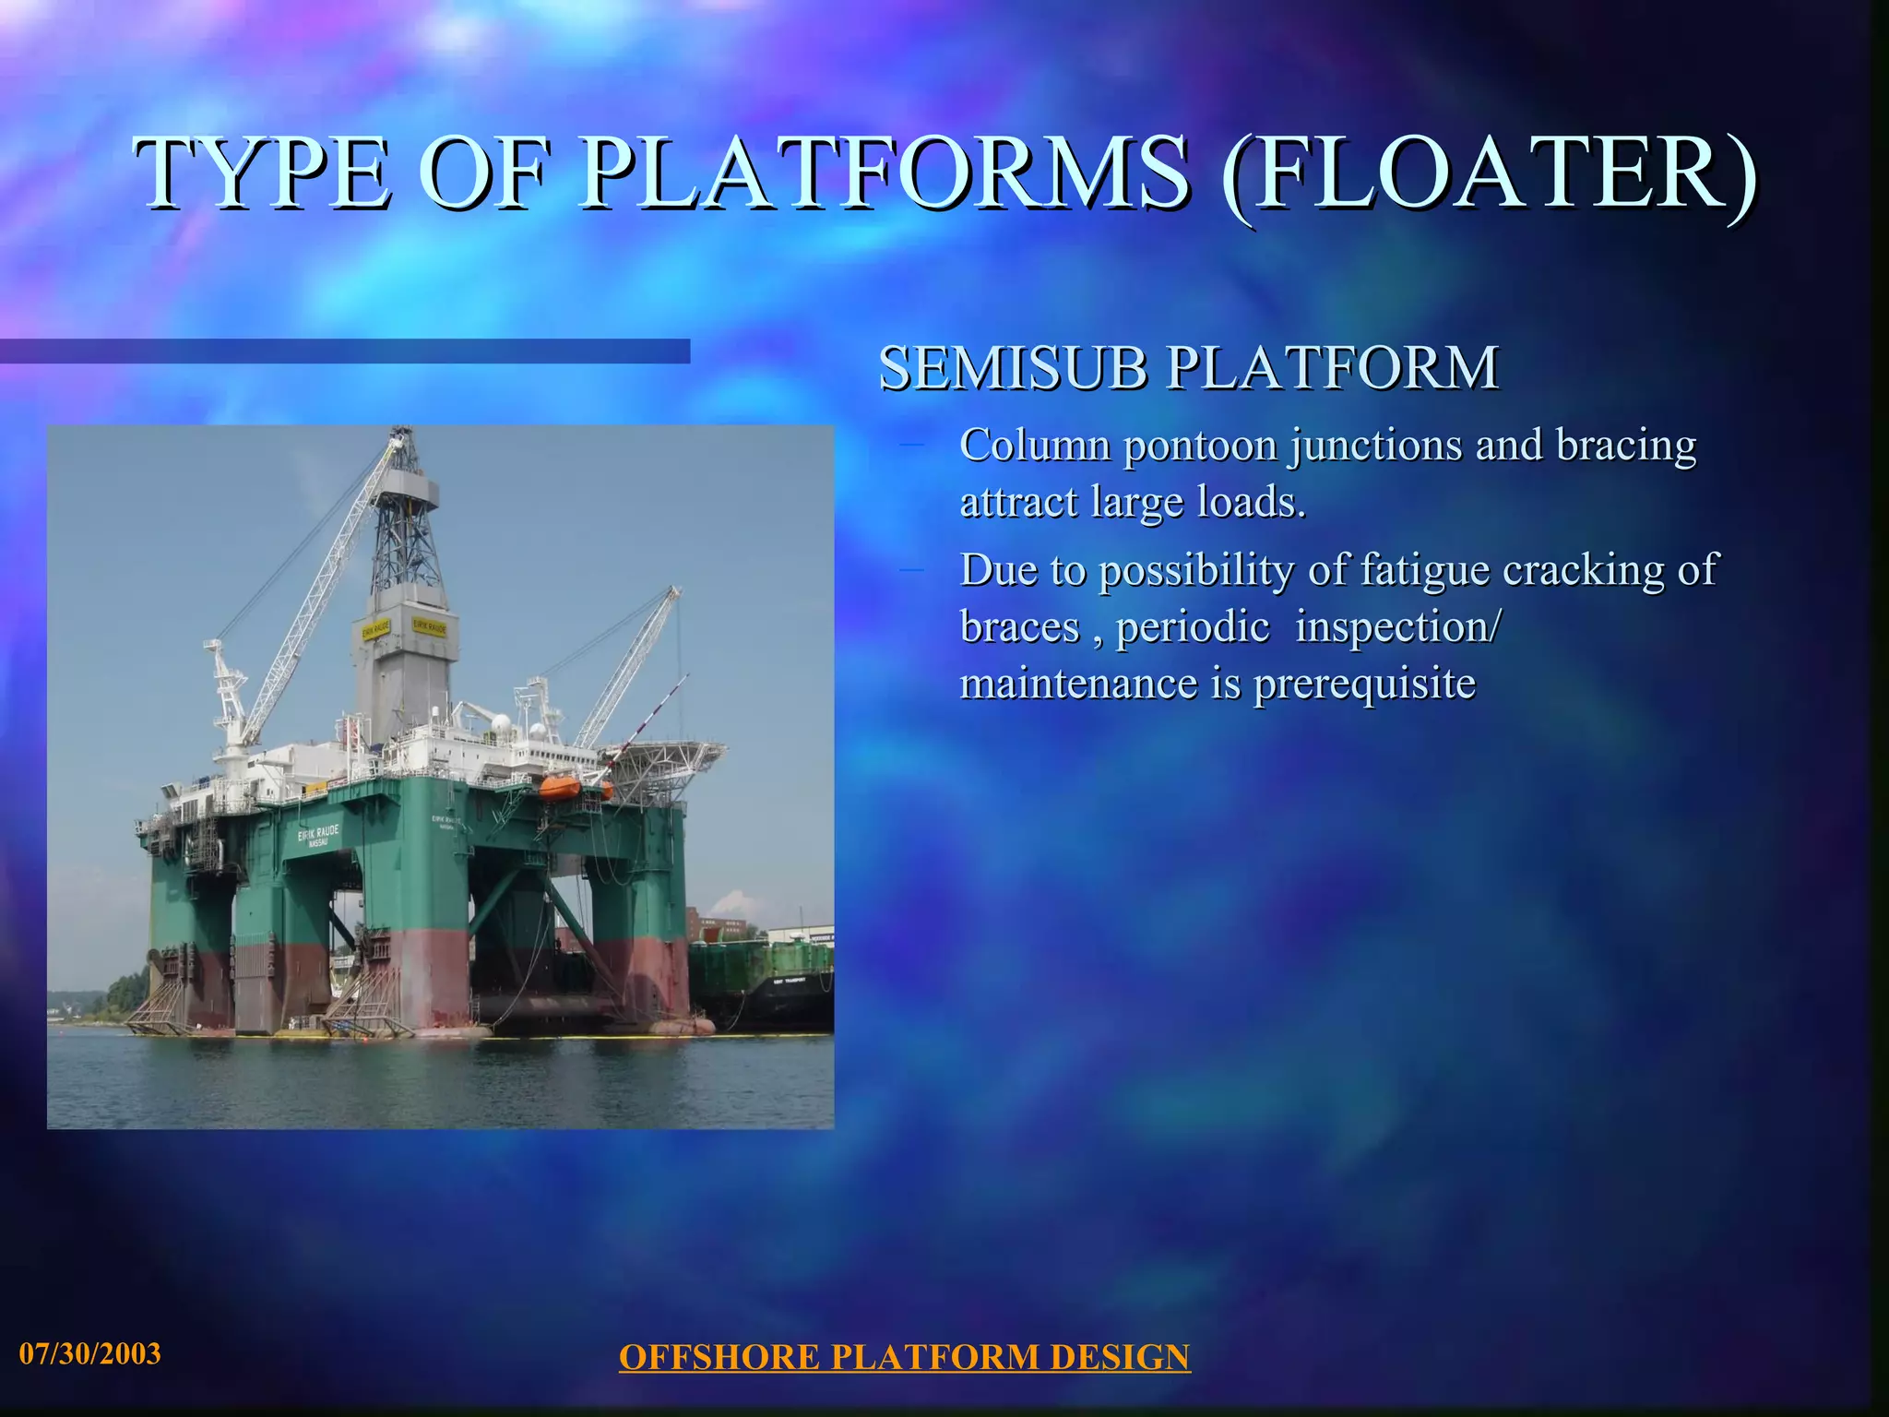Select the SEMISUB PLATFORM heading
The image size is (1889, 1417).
pos(1188,368)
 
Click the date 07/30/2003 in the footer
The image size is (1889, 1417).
pos(89,1353)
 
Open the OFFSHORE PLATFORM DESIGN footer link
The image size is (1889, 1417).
pos(904,1357)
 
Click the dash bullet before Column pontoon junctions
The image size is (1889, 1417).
pos(911,446)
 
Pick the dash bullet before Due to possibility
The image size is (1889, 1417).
pos(911,569)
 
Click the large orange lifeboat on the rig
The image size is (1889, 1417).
pos(560,787)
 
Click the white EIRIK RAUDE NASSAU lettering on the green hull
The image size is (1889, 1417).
pos(318,836)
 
